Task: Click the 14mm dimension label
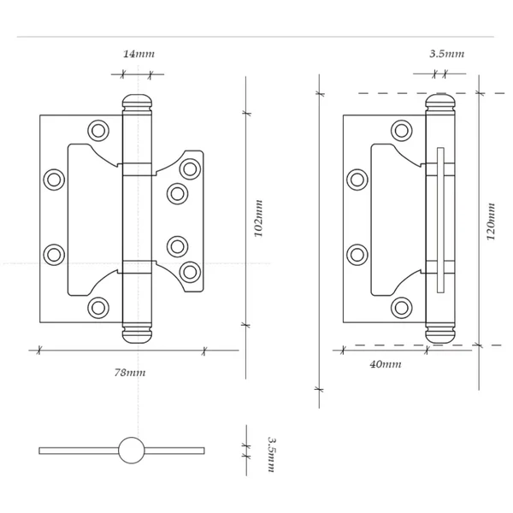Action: (138, 54)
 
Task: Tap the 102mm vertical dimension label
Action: (258, 218)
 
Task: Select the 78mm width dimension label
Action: (130, 373)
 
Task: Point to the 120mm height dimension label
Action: (492, 221)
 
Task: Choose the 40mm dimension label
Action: (385, 364)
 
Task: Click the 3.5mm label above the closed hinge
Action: (446, 54)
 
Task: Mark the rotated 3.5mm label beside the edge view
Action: (271, 455)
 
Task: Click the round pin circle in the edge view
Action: (132, 451)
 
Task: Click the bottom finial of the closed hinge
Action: (440, 333)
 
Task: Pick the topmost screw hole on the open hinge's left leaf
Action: (98, 131)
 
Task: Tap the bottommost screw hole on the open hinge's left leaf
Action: (98, 308)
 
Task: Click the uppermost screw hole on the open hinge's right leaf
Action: (190, 168)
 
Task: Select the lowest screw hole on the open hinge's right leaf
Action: (190, 272)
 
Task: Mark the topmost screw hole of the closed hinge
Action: (402, 131)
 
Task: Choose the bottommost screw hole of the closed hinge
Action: (402, 308)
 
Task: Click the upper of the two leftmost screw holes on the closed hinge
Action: (357, 180)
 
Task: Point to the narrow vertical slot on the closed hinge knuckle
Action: (440, 220)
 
